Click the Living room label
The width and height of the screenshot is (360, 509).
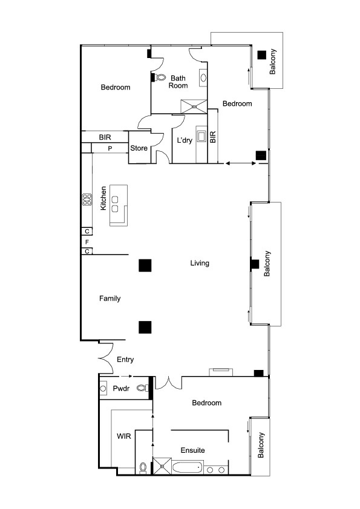pos(200,263)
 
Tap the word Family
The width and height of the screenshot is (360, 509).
pos(110,298)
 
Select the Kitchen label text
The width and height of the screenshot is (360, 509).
pos(103,198)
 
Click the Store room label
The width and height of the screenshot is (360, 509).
pos(139,148)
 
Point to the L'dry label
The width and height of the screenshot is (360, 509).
pos(185,140)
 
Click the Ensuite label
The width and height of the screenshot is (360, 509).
pos(192,450)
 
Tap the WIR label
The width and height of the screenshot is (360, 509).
pos(124,436)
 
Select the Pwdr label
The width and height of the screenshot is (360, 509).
pos(121,388)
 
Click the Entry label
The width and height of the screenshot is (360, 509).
pos(125,359)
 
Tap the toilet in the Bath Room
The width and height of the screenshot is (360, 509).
pos(160,77)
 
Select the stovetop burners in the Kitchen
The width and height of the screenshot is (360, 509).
pos(87,199)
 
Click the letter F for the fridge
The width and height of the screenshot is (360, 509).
pos(87,242)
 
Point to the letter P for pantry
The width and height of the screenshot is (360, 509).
pos(110,148)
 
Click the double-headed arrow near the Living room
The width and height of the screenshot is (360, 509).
pos(241,163)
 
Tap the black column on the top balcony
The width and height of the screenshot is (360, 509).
pos(261,55)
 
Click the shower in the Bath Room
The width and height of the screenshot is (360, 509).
pos(194,106)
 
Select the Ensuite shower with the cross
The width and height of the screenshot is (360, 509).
pos(162,466)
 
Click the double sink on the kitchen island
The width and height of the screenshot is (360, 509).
pos(115,204)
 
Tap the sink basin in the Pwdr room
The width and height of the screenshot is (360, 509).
pos(103,388)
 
